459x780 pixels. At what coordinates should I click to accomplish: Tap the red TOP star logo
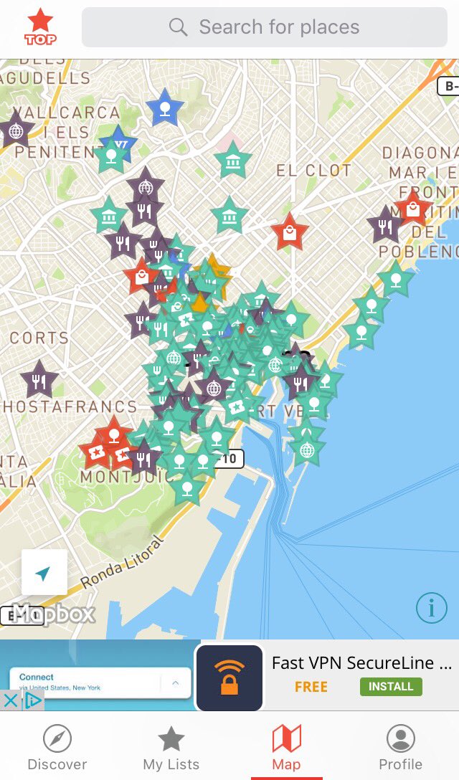[40, 27]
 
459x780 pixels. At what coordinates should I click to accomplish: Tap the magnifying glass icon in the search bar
[178, 27]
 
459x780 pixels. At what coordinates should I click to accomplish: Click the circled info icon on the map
[431, 608]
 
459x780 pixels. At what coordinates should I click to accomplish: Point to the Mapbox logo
[55, 614]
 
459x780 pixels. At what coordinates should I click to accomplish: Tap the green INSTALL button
[391, 686]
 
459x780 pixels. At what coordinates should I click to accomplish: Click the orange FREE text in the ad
[311, 686]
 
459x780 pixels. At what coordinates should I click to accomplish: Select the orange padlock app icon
[229, 677]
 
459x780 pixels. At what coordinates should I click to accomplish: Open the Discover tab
[57, 747]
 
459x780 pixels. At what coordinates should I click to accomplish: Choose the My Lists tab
[171, 747]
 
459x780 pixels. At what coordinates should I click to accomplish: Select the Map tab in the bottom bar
[286, 747]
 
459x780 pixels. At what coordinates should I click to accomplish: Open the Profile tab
[400, 747]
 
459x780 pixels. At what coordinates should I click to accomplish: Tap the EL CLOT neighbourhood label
[314, 171]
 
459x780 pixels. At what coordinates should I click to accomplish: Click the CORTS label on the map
[39, 338]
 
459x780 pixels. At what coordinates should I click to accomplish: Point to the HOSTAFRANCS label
[69, 406]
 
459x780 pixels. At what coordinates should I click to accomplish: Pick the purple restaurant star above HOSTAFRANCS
[39, 380]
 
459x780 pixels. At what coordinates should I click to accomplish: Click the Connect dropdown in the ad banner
[100, 682]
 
